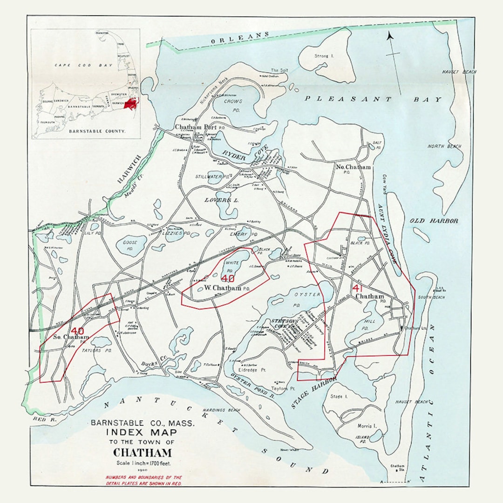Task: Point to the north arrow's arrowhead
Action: [390, 35]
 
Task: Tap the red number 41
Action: [358, 288]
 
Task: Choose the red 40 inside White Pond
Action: [228, 279]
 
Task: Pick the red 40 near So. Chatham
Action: [77, 331]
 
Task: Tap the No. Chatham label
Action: [353, 167]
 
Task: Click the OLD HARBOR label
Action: [434, 221]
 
